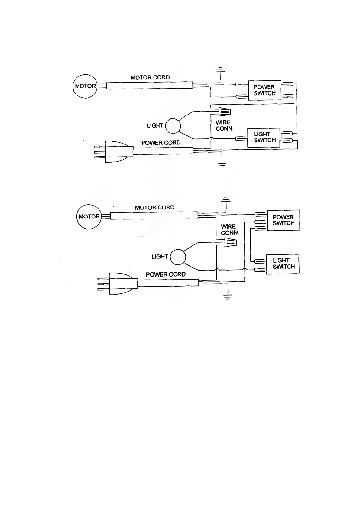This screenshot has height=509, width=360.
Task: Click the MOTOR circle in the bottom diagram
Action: pos(89,216)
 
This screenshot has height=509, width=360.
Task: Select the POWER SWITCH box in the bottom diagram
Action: pos(283,220)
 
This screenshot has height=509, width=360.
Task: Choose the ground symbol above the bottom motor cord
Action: pos(226,200)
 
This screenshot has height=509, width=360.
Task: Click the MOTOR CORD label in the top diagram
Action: pos(150,78)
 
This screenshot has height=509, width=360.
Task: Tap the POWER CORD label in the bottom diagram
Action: pos(166,274)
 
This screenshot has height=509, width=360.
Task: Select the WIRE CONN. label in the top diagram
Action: pos(224,125)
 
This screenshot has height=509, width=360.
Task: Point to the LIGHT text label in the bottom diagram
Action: pos(160,257)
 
